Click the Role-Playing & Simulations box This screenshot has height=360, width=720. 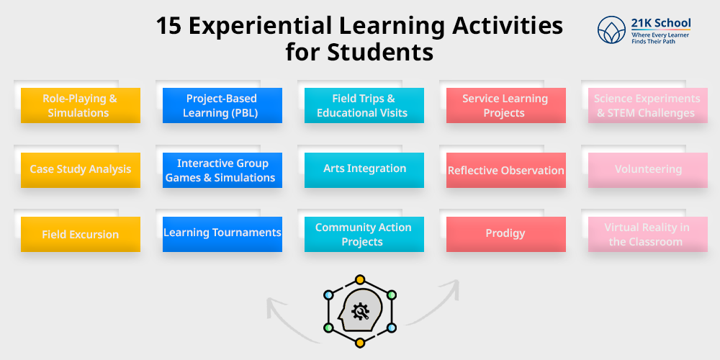tap(80, 106)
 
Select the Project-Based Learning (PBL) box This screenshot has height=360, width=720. tap(222, 106)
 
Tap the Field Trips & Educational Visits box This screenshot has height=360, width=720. tap(364, 106)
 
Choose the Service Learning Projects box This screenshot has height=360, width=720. tap(505, 106)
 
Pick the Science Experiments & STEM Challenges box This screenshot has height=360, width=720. tap(647, 106)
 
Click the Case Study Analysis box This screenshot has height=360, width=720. tap(80, 170)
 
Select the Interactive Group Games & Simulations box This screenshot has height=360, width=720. tap(222, 171)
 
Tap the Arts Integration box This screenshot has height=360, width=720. tap(364, 169)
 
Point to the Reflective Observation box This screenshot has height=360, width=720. tap(505, 171)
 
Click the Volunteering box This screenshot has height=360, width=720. tap(647, 170)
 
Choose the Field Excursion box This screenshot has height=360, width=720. tap(80, 235)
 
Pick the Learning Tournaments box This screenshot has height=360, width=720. tap(222, 233)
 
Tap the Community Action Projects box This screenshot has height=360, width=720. tap(364, 235)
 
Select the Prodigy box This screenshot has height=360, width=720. tap(505, 234)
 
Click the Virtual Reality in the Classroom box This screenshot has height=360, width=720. tap(647, 235)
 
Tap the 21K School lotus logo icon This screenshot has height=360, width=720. tap(611, 30)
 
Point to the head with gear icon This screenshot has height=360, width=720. tap(359, 311)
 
